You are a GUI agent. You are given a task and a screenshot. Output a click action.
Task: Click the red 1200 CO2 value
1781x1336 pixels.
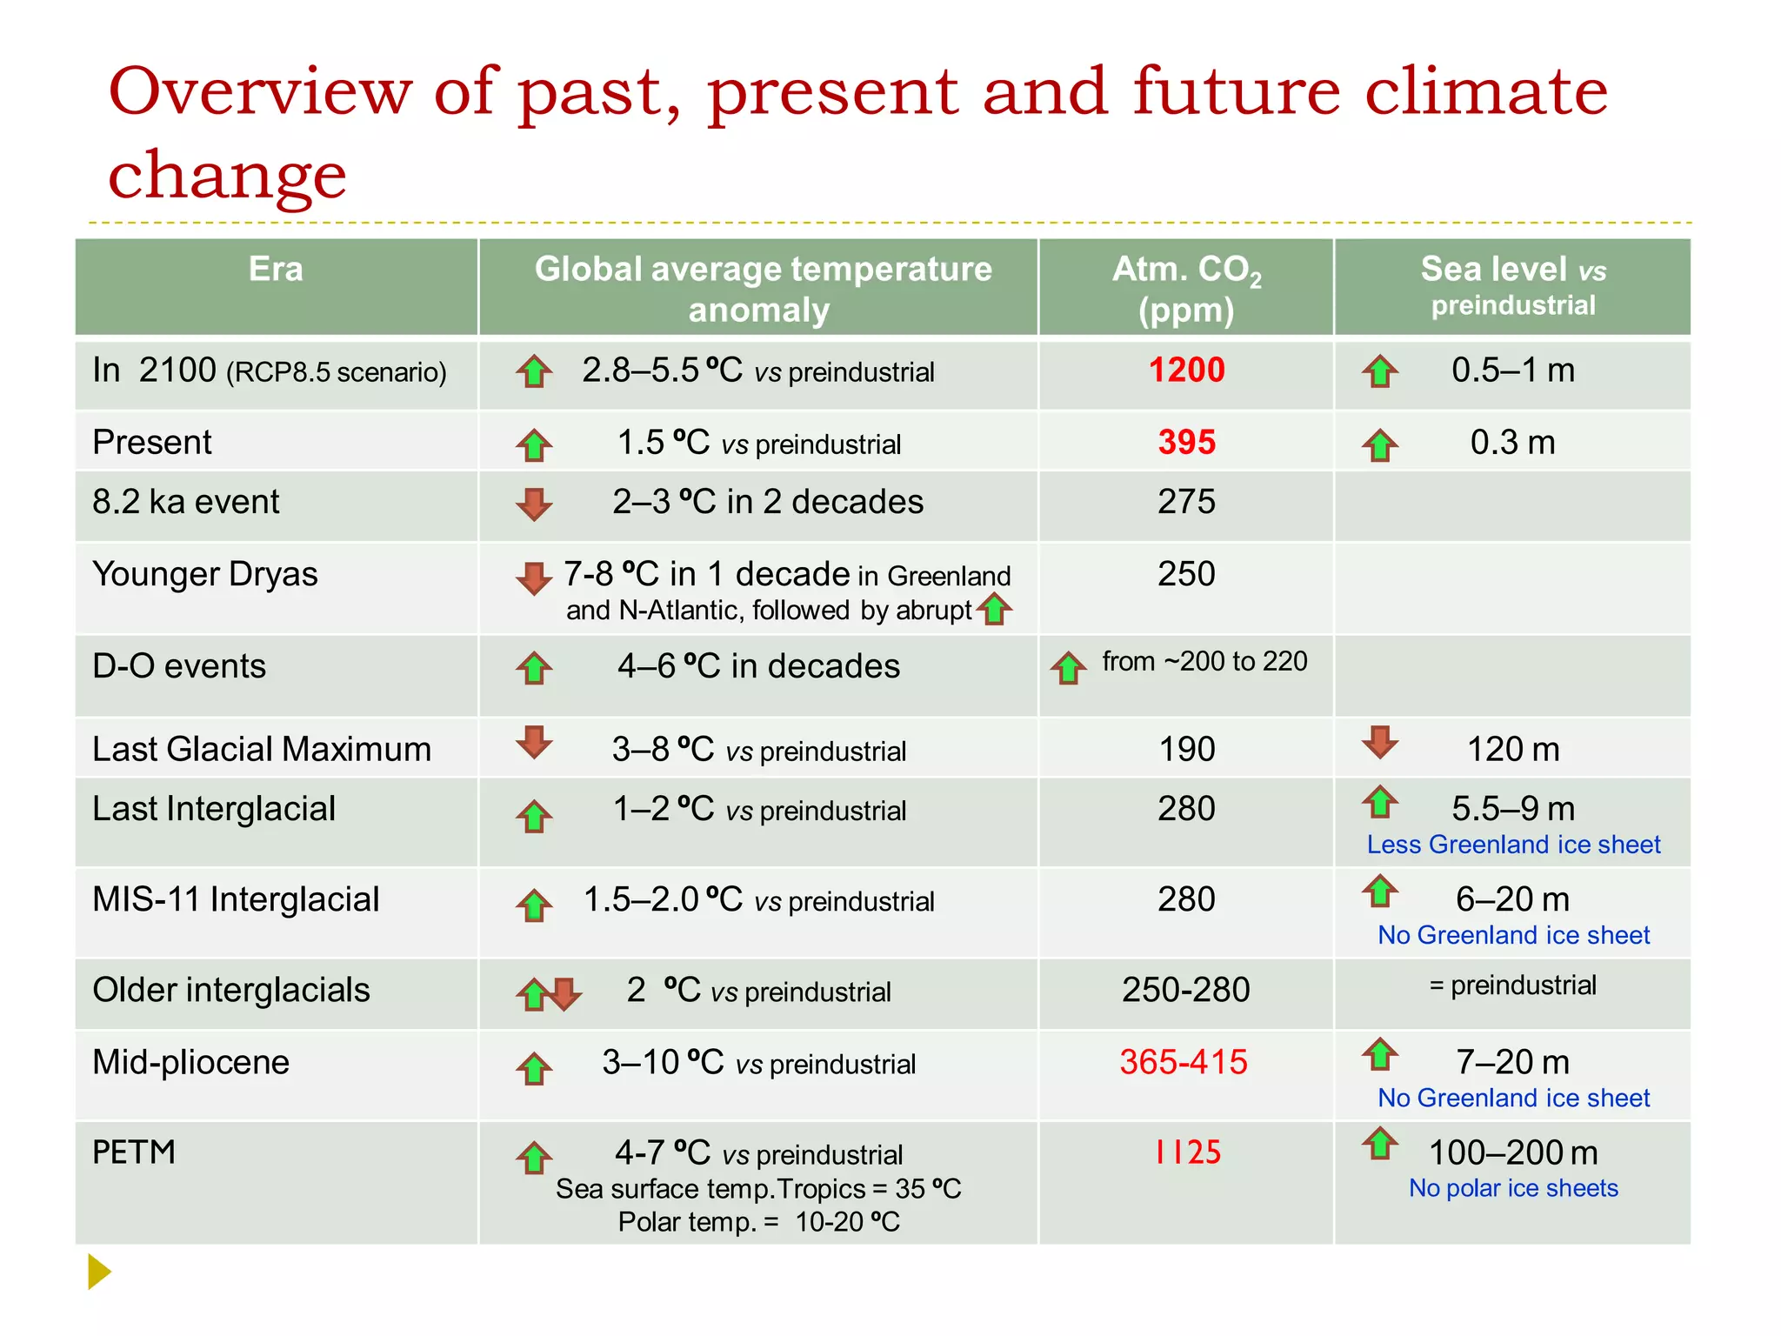pos(1186,371)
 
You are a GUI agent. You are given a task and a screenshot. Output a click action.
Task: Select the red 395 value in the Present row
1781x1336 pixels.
pos(1186,443)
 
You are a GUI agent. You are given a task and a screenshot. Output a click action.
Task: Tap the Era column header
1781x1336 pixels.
pos(276,269)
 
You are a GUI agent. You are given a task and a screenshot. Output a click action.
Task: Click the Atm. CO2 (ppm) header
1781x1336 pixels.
pos(1186,289)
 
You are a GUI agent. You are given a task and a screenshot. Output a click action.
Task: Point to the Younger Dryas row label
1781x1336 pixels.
pos(205,574)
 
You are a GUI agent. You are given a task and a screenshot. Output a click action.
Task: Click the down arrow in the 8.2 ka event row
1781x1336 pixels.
pos(534,504)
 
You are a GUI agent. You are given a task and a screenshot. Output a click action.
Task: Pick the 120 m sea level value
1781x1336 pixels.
pos(1513,750)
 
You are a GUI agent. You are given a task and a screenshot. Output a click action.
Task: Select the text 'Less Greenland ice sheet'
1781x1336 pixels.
pos(1513,845)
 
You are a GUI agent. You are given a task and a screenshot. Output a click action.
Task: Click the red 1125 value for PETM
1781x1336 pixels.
pos(1187,1152)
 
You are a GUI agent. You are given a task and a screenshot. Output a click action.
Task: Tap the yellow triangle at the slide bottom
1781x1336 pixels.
pos(99,1272)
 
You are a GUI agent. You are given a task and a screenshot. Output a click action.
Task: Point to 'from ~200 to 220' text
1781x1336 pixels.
pos(1204,662)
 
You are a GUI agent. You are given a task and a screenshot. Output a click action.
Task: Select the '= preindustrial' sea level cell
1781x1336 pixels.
pos(1513,985)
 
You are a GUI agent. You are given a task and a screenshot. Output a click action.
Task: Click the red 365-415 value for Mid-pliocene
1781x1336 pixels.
pos(1184,1062)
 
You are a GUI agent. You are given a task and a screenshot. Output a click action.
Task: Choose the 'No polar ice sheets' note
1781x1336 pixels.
pos(1513,1188)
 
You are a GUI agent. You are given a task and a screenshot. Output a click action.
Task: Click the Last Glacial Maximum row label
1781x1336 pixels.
pos(262,750)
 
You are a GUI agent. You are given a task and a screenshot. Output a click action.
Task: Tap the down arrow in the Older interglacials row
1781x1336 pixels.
pos(566,993)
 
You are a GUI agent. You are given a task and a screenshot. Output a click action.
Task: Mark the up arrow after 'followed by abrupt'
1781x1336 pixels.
pos(994,610)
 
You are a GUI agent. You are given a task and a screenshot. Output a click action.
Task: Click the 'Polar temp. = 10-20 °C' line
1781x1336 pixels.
pos(758,1222)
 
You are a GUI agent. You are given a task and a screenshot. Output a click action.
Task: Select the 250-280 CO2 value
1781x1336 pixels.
pos(1185,990)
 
